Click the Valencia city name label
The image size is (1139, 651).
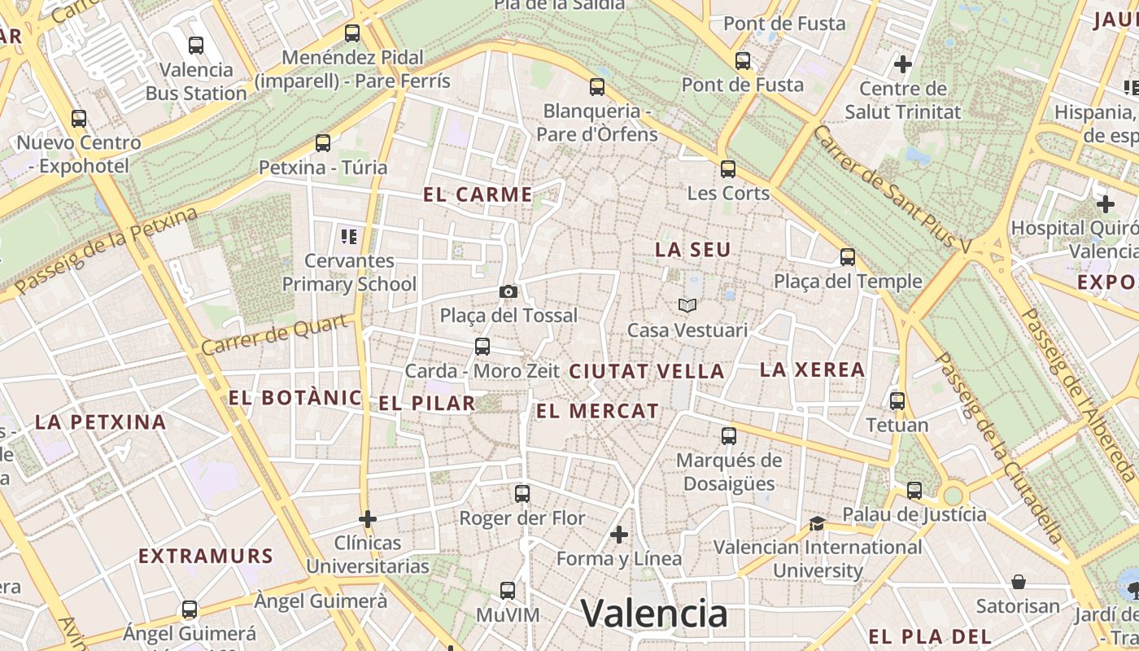tap(654, 614)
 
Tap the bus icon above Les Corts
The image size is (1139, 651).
tap(728, 169)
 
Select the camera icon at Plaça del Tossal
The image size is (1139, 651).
tap(508, 291)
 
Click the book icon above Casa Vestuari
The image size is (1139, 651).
tap(687, 306)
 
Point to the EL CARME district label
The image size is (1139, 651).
tap(478, 194)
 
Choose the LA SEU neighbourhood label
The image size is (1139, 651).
tap(693, 250)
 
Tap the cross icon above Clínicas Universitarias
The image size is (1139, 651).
tap(368, 518)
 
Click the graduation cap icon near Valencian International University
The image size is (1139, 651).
tap(817, 523)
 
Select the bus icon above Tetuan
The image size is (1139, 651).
tap(897, 401)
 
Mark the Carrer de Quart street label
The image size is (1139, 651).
tap(277, 334)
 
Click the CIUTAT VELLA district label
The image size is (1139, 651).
tap(646, 372)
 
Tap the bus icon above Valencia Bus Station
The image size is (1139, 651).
tap(195, 46)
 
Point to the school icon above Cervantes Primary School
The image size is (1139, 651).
tap(349, 237)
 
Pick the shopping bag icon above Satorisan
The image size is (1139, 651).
tap(1019, 582)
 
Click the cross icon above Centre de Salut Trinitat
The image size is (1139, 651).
tap(902, 63)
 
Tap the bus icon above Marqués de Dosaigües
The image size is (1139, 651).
tap(729, 436)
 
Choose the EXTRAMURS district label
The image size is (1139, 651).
tap(205, 557)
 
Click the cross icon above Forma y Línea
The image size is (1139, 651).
tap(619, 535)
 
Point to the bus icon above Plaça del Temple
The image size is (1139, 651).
tap(848, 257)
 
